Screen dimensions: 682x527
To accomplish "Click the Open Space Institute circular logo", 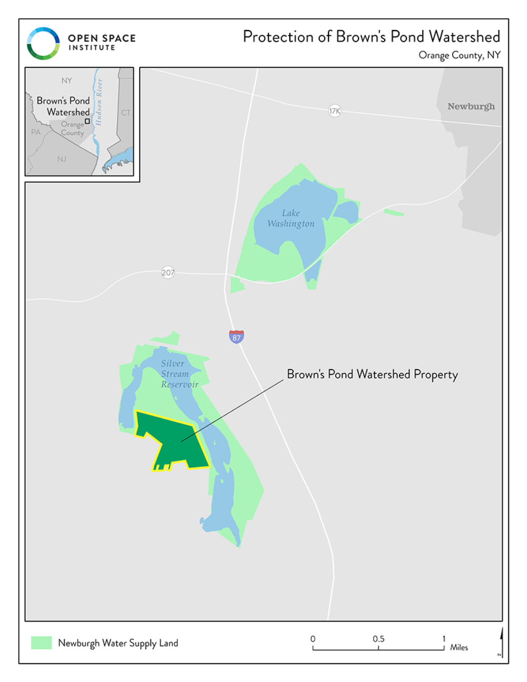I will (43, 43).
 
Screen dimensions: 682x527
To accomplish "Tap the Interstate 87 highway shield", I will (237, 337).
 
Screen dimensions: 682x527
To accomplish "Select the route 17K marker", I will (335, 111).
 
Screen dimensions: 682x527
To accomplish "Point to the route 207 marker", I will (168, 272).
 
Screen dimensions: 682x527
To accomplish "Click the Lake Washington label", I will (291, 218).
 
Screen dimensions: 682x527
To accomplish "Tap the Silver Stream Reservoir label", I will (179, 374).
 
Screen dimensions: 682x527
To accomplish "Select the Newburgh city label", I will (471, 106).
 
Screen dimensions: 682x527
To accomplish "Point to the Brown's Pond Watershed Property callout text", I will (372, 374).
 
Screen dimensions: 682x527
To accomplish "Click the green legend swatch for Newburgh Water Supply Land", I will (41, 642).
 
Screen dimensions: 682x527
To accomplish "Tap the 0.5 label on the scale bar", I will (378, 639).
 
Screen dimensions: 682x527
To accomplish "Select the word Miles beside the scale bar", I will (459, 647).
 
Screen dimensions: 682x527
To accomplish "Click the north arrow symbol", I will (501, 640).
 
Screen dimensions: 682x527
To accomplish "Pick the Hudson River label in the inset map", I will (99, 102).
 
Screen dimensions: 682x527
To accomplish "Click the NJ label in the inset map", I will (62, 159).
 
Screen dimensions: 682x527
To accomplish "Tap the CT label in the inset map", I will (125, 112).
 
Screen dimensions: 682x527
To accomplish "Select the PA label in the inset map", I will (35, 132).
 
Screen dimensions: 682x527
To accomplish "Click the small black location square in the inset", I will (87, 121).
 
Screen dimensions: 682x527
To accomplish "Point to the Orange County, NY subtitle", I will (459, 55).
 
